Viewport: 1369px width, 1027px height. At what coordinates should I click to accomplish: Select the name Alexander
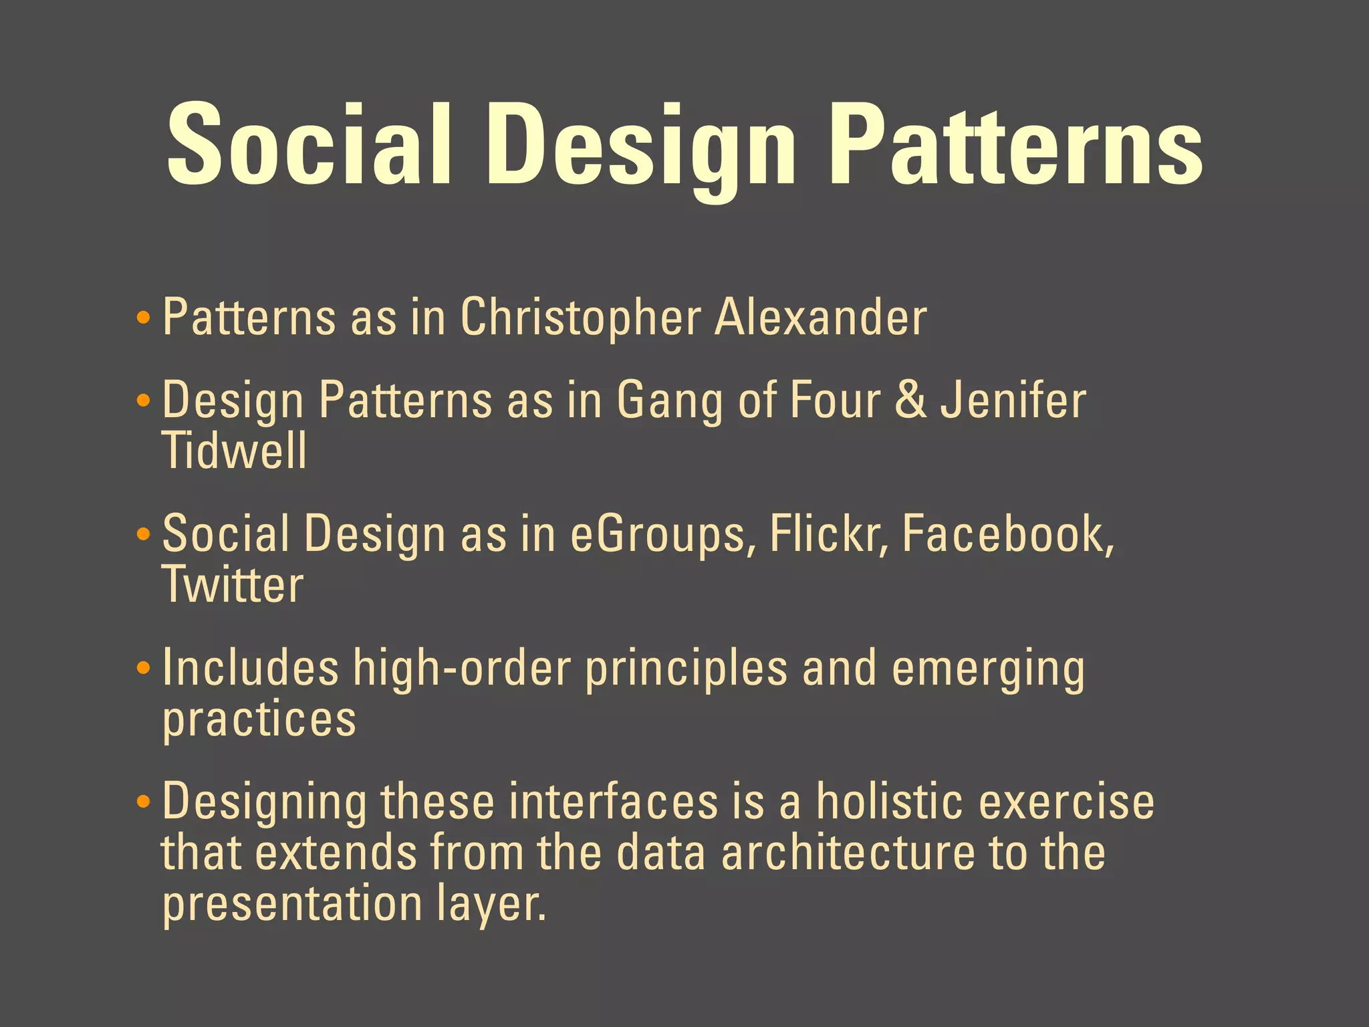click(820, 318)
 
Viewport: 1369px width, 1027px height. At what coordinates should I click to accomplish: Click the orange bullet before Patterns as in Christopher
click(142, 318)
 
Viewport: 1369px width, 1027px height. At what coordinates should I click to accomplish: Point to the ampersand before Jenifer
click(911, 400)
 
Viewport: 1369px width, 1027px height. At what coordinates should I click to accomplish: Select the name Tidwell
click(234, 451)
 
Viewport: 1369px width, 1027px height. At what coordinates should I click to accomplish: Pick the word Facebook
click(1006, 534)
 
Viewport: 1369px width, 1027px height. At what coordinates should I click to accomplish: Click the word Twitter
click(233, 584)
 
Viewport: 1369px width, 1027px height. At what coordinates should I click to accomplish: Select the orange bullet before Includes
click(142, 668)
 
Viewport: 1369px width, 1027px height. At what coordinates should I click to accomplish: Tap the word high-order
click(461, 668)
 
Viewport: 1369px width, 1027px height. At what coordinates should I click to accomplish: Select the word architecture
click(848, 852)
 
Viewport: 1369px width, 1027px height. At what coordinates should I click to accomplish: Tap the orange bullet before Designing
click(142, 802)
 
